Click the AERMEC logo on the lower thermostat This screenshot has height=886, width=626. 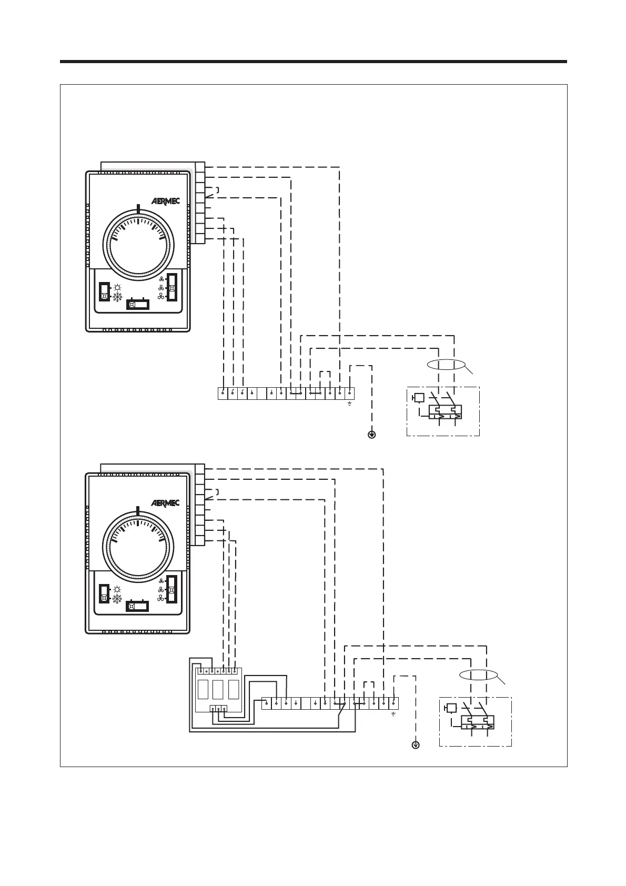165,503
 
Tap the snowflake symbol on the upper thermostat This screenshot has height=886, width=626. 117,297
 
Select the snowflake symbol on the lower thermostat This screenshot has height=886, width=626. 117,599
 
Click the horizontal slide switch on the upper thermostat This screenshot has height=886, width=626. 138,305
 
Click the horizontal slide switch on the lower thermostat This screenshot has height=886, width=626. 138,606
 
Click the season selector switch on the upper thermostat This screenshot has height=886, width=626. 105,292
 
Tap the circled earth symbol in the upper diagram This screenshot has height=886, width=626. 372,435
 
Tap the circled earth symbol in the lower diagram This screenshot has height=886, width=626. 416,745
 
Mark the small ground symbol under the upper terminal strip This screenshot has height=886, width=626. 349,404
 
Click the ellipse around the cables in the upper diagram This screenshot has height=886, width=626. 446,366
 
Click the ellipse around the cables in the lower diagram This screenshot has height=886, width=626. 478,676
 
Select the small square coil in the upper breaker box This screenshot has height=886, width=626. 419,398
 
